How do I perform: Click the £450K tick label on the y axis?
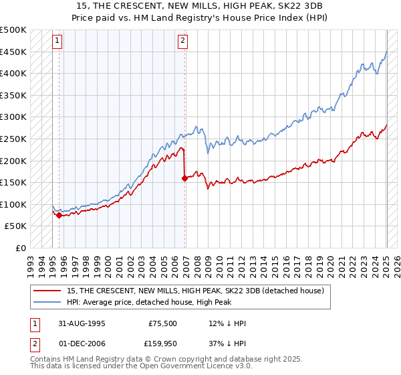[13, 52]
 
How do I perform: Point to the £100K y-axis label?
[13, 204]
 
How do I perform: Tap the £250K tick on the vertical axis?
[13, 139]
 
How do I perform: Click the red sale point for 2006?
[184, 178]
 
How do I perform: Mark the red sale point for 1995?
[59, 215]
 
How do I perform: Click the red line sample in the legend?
[47, 291]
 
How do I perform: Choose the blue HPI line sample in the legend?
[47, 301]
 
